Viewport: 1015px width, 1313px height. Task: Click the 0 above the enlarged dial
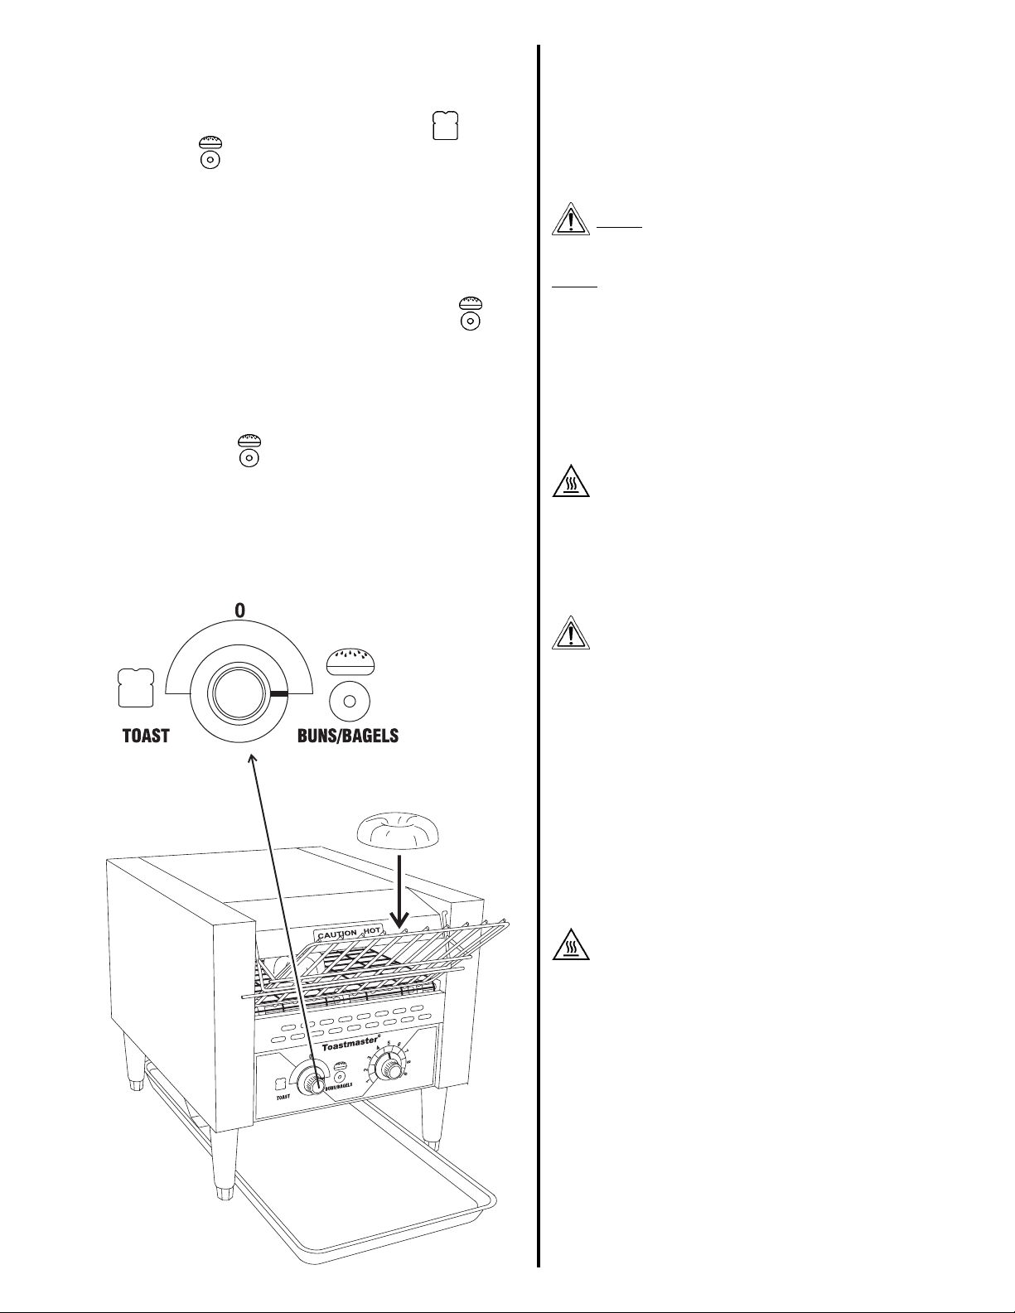tap(239, 611)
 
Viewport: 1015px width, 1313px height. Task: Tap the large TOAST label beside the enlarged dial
tap(146, 736)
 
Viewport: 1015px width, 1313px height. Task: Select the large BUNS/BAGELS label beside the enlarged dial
tap(348, 736)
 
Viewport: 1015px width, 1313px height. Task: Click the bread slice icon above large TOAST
tap(136, 688)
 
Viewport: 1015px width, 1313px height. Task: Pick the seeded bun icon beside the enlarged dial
tap(350, 660)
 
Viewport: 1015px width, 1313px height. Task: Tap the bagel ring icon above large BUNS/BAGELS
tap(350, 701)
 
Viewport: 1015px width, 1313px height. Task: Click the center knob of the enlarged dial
tap(239, 693)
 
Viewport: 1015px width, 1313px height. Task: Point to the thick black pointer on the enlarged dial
tap(277, 693)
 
